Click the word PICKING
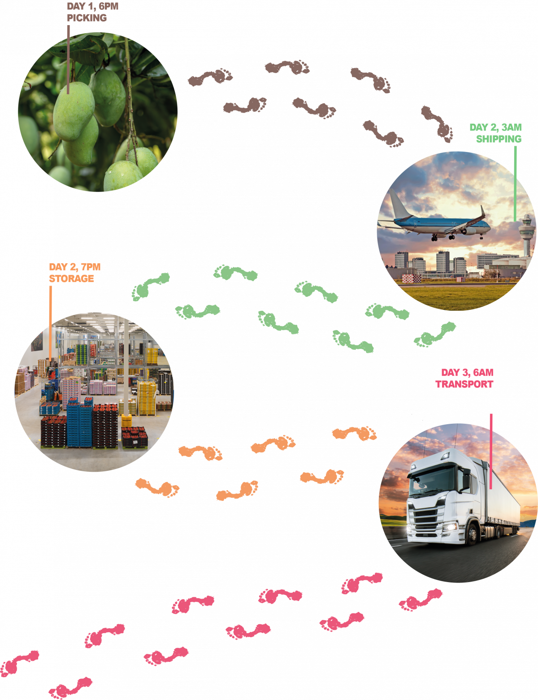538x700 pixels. [x=87, y=18]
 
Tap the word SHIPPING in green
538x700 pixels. [x=499, y=139]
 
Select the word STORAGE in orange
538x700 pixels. [x=71, y=278]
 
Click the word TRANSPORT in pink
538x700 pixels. [x=464, y=384]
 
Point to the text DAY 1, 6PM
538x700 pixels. [x=92, y=7]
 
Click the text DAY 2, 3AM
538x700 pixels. [x=495, y=127]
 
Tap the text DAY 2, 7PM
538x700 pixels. [x=74, y=267]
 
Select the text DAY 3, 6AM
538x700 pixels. [x=467, y=373]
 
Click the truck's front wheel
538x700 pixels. [x=472, y=535]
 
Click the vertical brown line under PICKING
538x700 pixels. [x=68, y=58]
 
